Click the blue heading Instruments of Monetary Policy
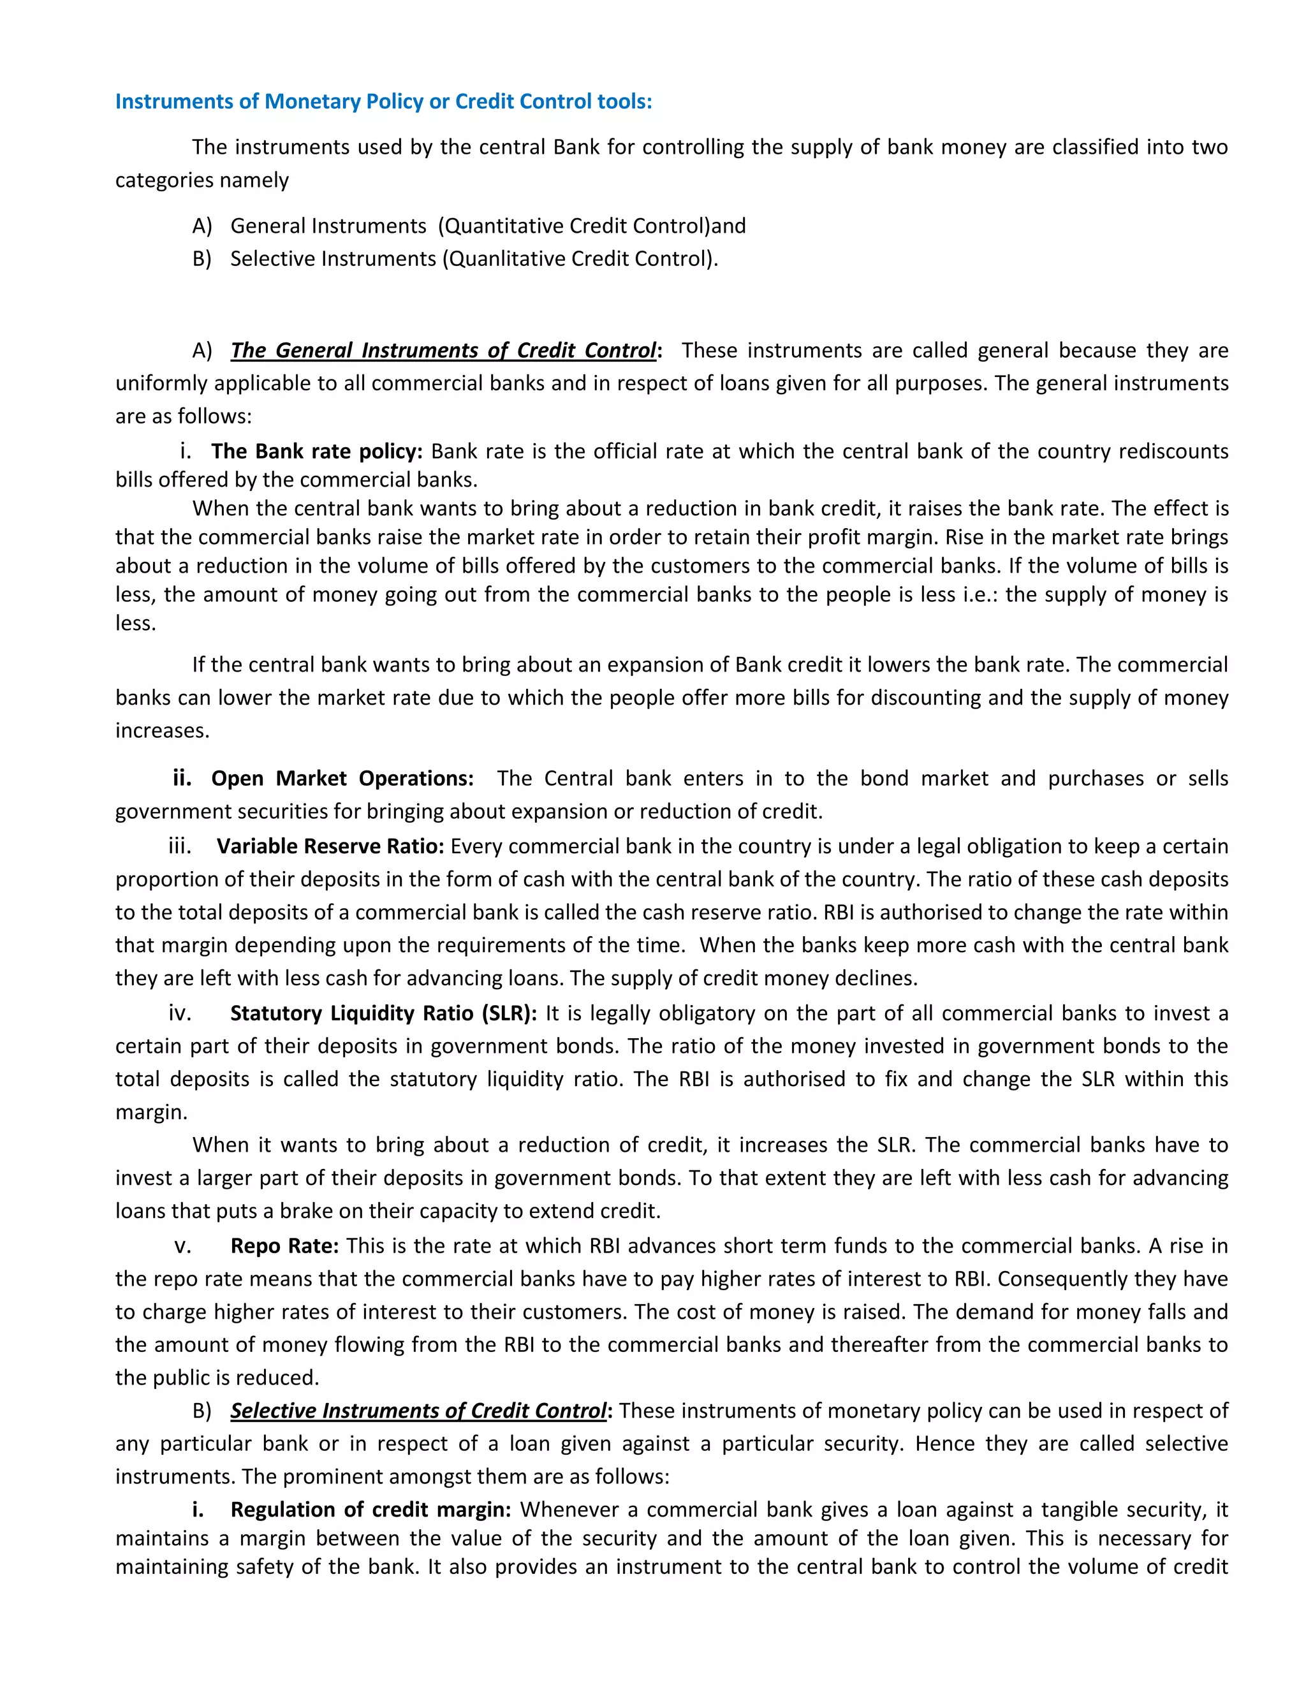point(383,101)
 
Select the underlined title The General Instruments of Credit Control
point(443,351)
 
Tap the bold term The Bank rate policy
point(316,451)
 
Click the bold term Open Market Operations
point(342,779)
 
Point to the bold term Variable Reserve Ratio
point(330,846)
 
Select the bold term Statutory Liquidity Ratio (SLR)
point(383,1014)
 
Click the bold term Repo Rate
point(284,1246)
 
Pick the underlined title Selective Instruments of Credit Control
point(418,1411)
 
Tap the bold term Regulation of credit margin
point(371,1510)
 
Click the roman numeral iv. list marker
point(179,1014)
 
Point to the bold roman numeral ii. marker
point(182,779)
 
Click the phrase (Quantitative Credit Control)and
point(592,226)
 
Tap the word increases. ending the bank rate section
point(163,730)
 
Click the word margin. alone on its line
point(152,1113)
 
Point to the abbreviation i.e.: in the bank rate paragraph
point(980,594)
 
